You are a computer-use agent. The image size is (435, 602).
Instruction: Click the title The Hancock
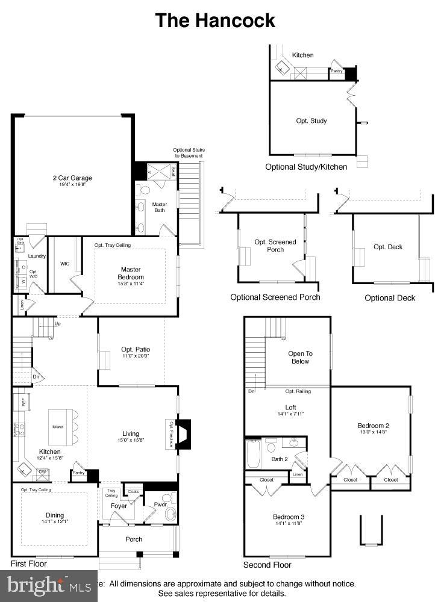[215, 20]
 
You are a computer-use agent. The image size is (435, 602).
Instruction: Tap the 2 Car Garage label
[72, 178]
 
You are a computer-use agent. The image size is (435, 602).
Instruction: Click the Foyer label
[119, 506]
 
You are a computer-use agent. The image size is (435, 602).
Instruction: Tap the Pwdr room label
[160, 504]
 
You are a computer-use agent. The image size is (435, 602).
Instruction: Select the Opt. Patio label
[135, 349]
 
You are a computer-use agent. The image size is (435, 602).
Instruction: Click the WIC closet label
[65, 264]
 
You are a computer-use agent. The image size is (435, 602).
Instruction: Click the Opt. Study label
[311, 120]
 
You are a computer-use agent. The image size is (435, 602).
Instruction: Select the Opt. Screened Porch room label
[275, 246]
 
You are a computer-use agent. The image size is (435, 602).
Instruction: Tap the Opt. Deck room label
[388, 247]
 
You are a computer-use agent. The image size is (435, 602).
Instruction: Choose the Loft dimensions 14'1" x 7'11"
[290, 414]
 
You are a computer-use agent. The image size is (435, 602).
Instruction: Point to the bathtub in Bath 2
[252, 454]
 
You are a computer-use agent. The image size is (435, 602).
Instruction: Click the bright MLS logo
[48, 585]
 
